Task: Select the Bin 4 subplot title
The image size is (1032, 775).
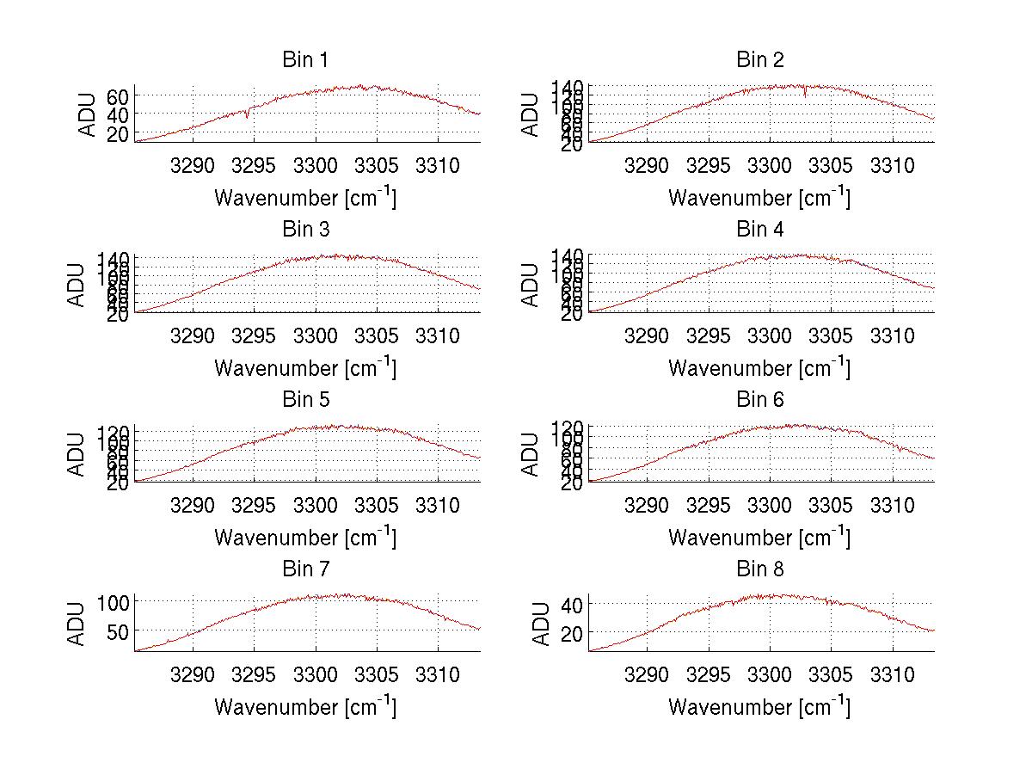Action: [x=759, y=230]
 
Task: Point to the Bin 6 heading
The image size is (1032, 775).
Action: [x=759, y=400]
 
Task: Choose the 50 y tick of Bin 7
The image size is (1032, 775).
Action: [x=119, y=631]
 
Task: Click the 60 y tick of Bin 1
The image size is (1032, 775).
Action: [x=119, y=95]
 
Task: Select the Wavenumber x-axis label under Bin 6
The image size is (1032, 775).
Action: [x=759, y=538]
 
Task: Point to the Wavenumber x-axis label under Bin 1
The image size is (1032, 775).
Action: [x=305, y=199]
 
